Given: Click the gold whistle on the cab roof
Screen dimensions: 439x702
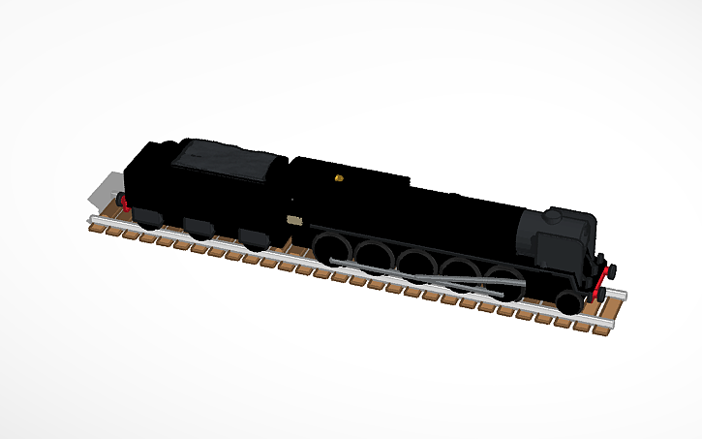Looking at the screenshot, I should click(x=337, y=178).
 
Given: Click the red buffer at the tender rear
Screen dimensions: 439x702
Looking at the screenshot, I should click(x=123, y=201).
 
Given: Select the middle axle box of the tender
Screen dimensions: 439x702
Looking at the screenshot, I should click(x=198, y=228).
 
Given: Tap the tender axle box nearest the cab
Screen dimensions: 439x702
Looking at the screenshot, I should click(x=254, y=237).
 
